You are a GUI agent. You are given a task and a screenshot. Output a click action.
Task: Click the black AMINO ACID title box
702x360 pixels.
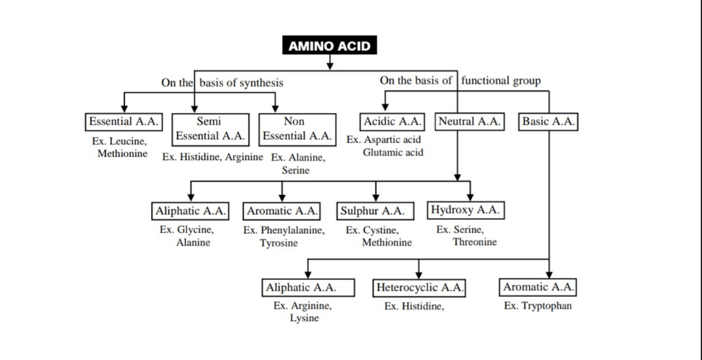(330, 46)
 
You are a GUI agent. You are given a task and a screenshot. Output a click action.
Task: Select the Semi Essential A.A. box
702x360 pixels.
(210, 128)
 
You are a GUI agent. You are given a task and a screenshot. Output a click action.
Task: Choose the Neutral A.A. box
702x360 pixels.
(470, 121)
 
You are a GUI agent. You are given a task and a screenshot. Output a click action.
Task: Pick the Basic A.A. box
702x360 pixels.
(548, 121)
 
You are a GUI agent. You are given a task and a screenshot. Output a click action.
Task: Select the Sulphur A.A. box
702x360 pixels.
(372, 211)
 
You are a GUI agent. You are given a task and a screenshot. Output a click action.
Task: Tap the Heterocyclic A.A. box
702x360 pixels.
(419, 288)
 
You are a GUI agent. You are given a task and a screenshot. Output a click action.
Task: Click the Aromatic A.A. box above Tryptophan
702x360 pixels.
(538, 287)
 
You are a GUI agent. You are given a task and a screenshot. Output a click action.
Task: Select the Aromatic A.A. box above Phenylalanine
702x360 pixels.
(282, 211)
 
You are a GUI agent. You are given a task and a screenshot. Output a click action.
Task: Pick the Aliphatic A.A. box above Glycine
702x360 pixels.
(190, 211)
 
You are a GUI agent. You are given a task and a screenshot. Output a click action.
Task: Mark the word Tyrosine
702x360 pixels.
(279, 243)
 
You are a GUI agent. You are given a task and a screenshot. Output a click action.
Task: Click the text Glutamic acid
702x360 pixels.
(393, 152)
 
